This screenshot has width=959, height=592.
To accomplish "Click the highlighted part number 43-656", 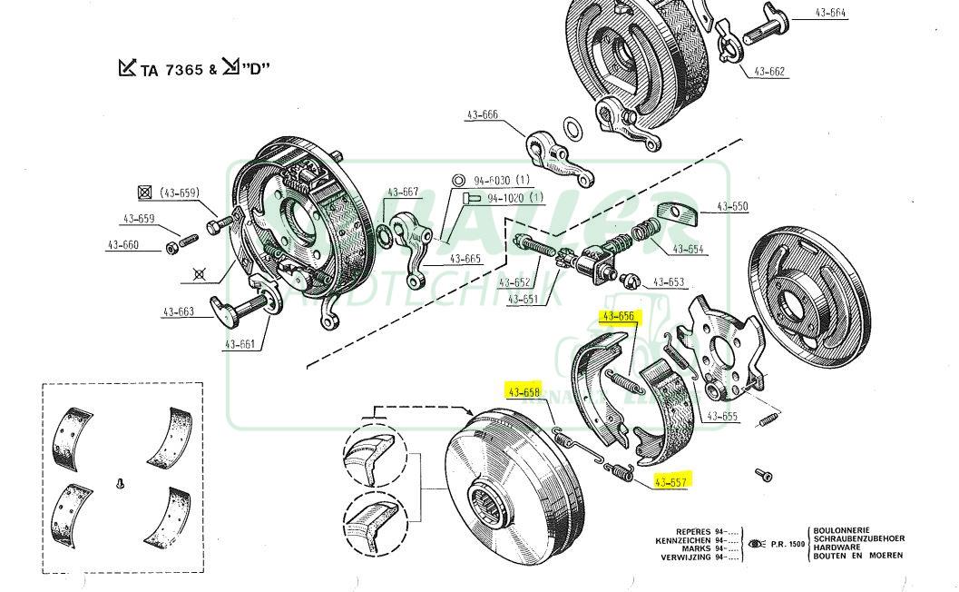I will [x=618, y=316].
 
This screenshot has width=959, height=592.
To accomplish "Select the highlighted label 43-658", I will [x=524, y=392].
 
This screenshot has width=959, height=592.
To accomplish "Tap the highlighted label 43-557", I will [x=671, y=481].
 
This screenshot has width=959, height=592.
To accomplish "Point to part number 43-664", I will [x=830, y=13].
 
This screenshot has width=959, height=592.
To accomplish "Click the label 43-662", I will [x=769, y=71].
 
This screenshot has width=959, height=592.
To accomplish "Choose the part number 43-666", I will [x=482, y=114].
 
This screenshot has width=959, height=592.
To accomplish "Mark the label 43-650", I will [x=732, y=207].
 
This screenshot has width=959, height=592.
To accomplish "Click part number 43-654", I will [x=688, y=250].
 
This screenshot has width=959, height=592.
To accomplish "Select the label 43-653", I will [x=669, y=282].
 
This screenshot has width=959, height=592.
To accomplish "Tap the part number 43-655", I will [x=722, y=417].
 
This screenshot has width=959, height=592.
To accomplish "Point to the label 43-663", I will [x=179, y=311].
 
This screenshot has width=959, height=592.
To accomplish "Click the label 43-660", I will [x=122, y=245].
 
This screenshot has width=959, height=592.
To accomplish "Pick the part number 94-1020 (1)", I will [x=514, y=198].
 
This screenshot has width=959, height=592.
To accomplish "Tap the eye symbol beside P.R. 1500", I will [x=755, y=544].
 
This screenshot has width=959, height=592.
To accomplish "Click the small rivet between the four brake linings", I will [x=120, y=485].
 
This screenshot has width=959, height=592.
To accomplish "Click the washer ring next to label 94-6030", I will [x=459, y=180].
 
